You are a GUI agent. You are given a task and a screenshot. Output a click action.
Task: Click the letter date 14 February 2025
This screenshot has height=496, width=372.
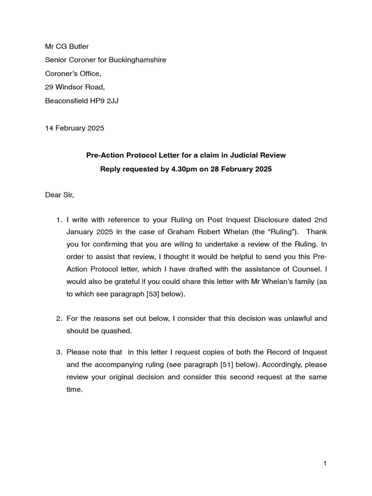74,128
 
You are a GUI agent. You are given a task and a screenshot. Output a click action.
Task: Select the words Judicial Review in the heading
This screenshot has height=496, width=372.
258,155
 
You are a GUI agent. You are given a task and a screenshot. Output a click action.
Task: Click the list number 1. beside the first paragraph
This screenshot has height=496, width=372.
58,220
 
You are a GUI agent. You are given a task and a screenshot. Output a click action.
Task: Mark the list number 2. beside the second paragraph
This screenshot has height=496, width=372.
58,319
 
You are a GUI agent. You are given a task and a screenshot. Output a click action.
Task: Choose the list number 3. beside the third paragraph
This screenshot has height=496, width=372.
58,352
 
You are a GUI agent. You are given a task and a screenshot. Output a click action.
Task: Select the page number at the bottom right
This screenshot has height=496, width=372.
325,464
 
